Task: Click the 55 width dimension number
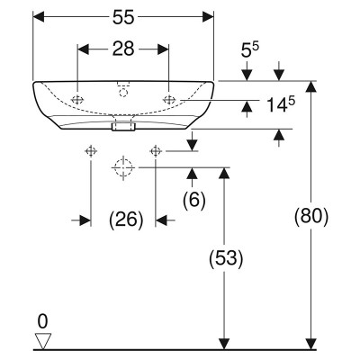pyautogui.click(x=123, y=18)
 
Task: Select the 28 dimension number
pyautogui.click(x=123, y=49)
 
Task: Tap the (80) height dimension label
pyautogui.click(x=311, y=216)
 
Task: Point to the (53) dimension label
pyautogui.click(x=226, y=257)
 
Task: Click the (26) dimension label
pyautogui.click(x=126, y=220)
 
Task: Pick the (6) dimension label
pyautogui.click(x=194, y=200)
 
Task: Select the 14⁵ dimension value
pyautogui.click(x=281, y=104)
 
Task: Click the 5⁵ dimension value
pyautogui.click(x=250, y=50)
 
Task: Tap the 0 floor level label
pyautogui.click(x=42, y=322)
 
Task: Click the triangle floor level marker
pyautogui.click(x=43, y=341)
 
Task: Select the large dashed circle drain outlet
pyautogui.click(x=123, y=167)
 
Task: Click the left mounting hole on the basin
pyautogui.click(x=77, y=100)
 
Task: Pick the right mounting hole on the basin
pyautogui.click(x=169, y=100)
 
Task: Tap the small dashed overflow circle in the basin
pyautogui.click(x=123, y=93)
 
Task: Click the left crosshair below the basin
pyautogui.click(x=91, y=151)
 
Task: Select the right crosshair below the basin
pyautogui.click(x=156, y=151)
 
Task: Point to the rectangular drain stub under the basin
pyautogui.click(x=123, y=126)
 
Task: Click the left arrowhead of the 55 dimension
pyautogui.click(x=39, y=17)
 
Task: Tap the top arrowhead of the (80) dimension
pyautogui.click(x=311, y=86)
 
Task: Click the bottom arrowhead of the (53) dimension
pyautogui.click(x=224, y=344)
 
